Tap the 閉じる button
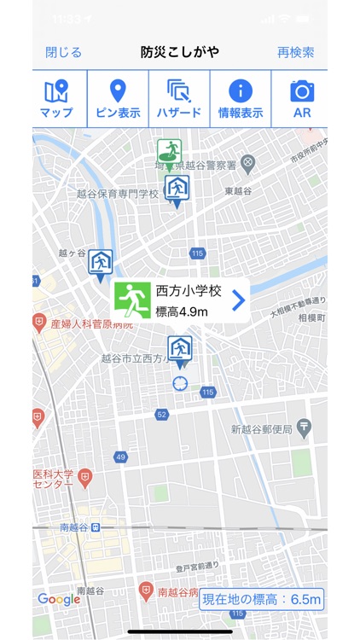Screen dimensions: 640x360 coord(63,52)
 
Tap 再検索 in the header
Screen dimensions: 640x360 coord(295,52)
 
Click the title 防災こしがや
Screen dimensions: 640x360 coord(180,52)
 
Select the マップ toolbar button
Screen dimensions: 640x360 coord(56,99)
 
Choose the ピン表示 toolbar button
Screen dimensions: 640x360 coord(118,99)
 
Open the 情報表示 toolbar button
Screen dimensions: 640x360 coord(241,99)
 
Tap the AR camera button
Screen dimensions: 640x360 coord(302,99)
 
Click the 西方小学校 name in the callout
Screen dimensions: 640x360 coord(189,291)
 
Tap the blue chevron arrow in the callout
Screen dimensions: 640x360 coord(239,300)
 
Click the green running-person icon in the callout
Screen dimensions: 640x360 coord(132,300)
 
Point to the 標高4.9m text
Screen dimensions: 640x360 coord(183,311)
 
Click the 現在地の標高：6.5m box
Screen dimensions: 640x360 coord(262,600)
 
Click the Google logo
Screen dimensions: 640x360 coord(59,599)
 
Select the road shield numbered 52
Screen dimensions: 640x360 coord(161,414)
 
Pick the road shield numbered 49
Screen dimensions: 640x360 coord(120,457)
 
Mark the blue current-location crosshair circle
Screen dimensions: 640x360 coord(180,383)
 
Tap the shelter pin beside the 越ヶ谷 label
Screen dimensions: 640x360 coord(101,263)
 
